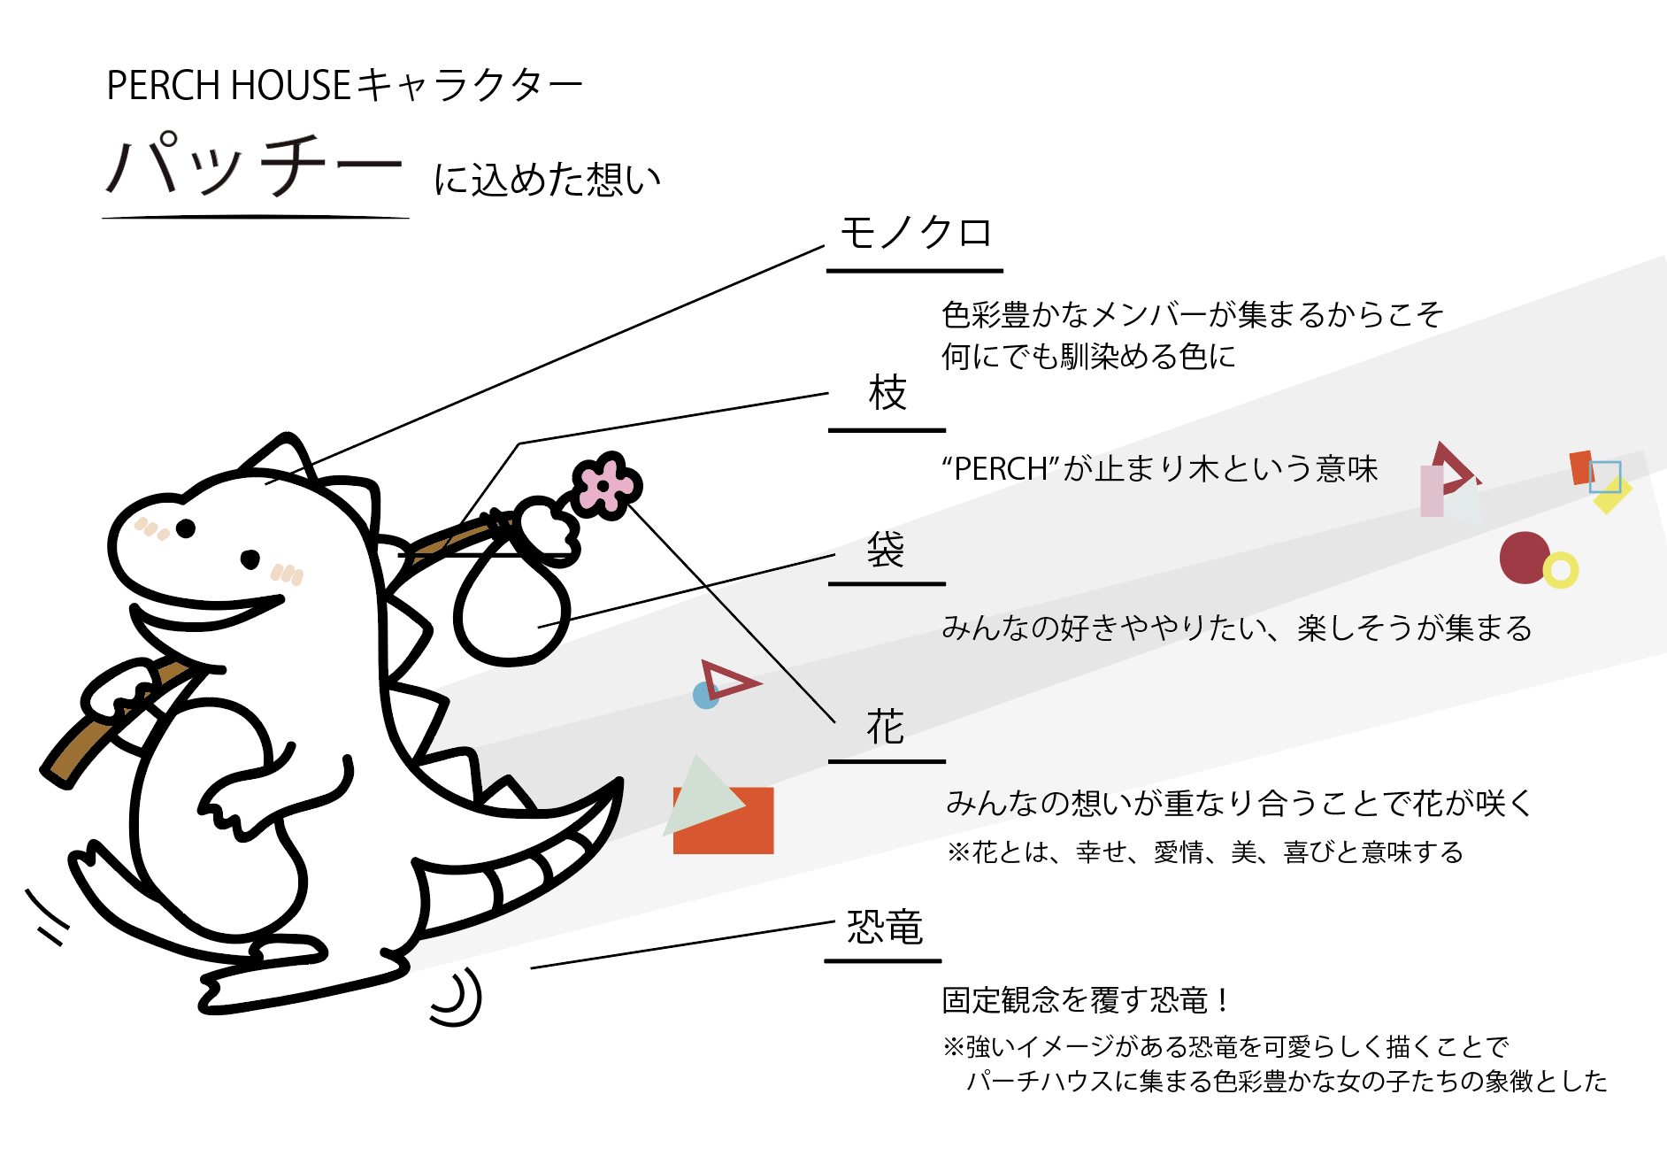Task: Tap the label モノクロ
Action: point(916,234)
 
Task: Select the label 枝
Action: point(887,393)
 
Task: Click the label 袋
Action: point(886,550)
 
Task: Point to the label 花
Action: point(886,727)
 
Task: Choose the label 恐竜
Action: point(885,928)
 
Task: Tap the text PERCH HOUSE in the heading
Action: point(229,86)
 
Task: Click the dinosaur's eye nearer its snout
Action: point(186,528)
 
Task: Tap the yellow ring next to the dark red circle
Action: point(1561,571)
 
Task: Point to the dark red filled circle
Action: point(1525,558)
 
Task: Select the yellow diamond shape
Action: point(1612,494)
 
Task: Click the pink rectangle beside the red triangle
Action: point(1432,491)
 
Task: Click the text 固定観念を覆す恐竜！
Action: point(1085,1000)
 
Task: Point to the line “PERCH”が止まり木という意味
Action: point(1160,469)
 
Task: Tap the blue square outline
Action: point(1605,476)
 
